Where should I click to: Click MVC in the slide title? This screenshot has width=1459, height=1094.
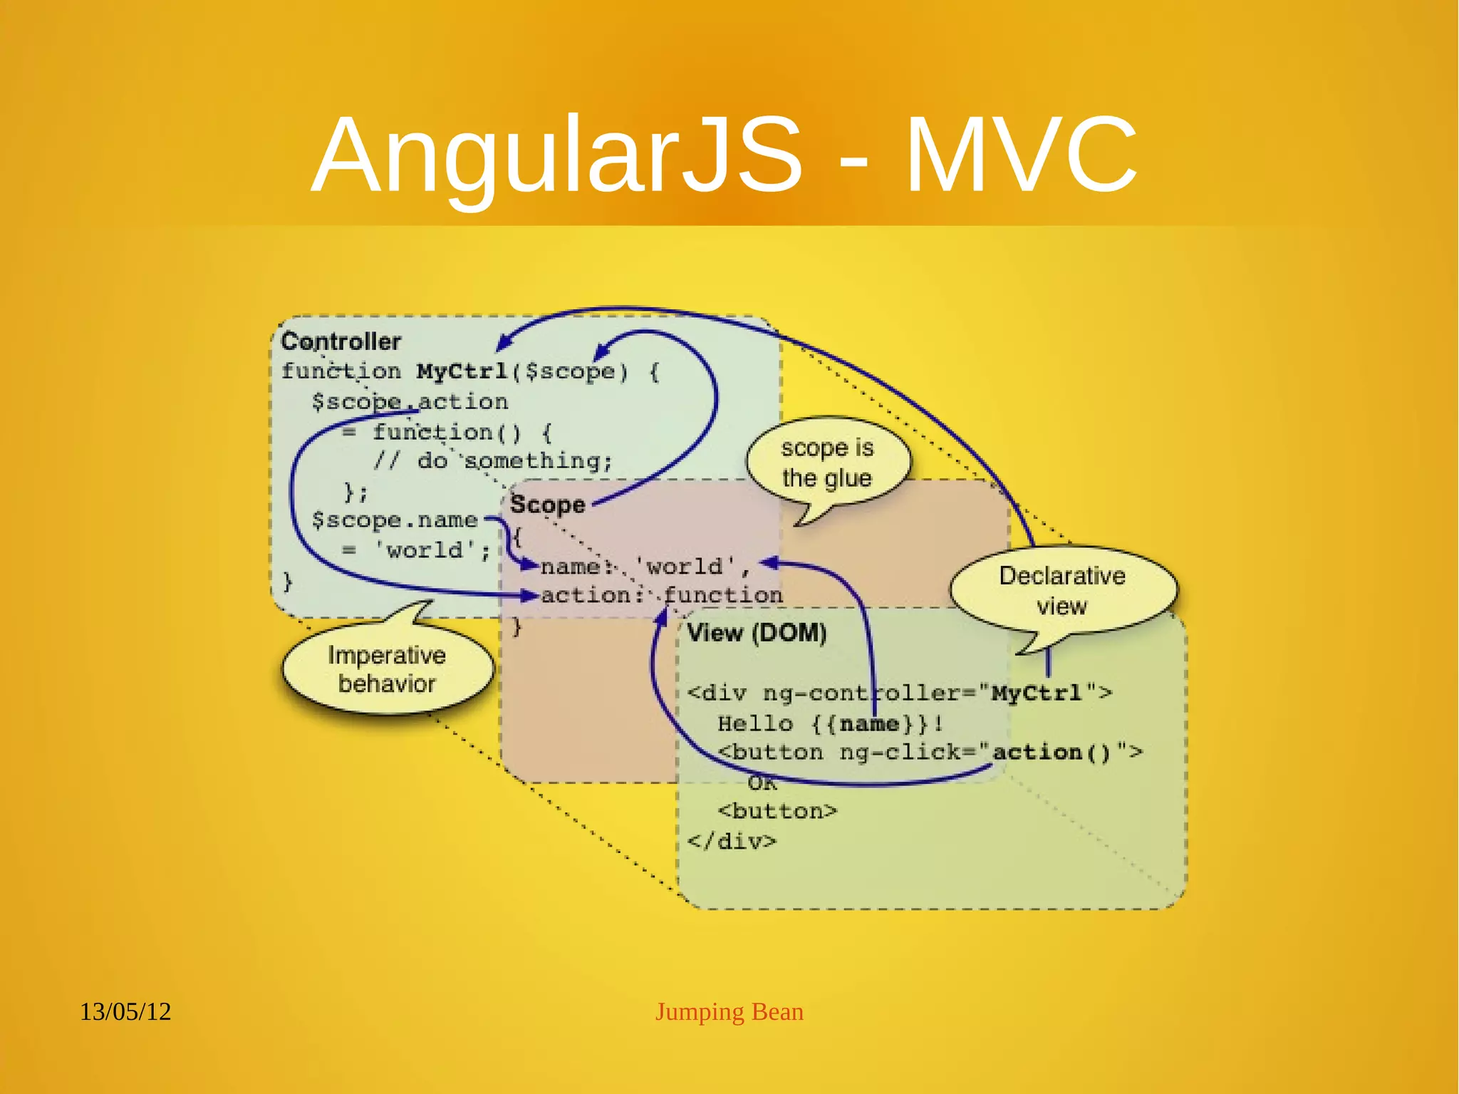tap(1020, 155)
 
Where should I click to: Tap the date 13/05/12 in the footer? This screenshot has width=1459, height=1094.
tap(125, 1011)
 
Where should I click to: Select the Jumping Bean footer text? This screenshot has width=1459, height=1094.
tap(729, 1011)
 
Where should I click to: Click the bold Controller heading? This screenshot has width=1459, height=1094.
tap(341, 341)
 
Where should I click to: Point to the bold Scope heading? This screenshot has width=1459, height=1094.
tap(547, 505)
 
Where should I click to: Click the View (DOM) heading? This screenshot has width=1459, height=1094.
tap(757, 632)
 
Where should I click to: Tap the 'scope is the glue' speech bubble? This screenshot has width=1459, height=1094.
tap(826, 463)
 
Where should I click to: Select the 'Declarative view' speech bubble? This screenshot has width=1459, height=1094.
tap(1061, 590)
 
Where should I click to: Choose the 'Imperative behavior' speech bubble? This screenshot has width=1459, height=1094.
tap(387, 669)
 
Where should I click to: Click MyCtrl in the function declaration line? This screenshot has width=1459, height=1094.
tap(462, 371)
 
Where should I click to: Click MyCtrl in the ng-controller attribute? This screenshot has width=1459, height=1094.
tap(1037, 693)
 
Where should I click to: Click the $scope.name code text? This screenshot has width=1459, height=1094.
tap(394, 520)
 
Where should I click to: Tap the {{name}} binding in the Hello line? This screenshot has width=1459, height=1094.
tap(869, 724)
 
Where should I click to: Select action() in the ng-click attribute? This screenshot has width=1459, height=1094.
tap(1052, 753)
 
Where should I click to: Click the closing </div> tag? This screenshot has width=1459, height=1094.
tap(732, 842)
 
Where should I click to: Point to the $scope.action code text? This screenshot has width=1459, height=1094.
tap(410, 402)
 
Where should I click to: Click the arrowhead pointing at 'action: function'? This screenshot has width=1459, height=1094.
tap(529, 595)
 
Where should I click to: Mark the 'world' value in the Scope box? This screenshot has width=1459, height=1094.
tap(684, 567)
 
